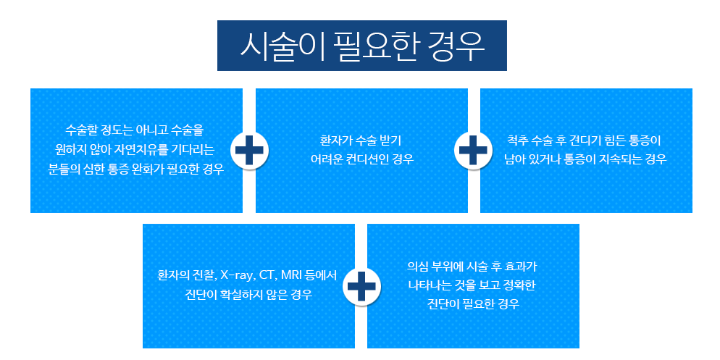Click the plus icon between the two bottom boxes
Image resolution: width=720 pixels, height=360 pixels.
361,287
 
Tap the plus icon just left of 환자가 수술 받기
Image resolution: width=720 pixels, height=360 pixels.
249,150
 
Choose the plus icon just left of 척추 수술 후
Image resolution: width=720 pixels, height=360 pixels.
473,150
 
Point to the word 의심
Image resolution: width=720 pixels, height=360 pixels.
417,266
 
